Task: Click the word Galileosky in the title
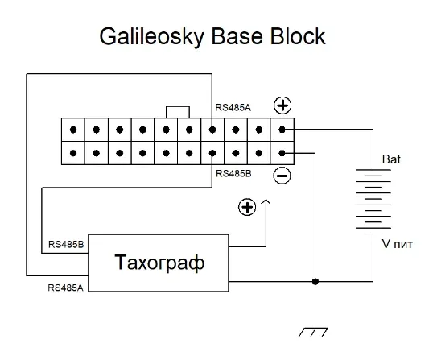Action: (151, 37)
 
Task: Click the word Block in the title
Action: (298, 36)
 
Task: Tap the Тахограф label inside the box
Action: (159, 263)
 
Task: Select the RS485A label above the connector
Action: (233, 107)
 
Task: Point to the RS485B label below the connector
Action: (233, 173)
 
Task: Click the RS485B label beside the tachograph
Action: (66, 244)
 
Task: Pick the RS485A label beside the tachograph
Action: (65, 288)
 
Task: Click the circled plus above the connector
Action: (282, 106)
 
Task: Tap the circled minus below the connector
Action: (282, 176)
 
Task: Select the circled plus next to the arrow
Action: (247, 207)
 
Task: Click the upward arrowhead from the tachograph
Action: (266, 202)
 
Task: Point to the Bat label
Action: (391, 159)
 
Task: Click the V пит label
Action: (397, 244)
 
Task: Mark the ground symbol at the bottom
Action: (313, 333)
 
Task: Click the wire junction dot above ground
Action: (315, 282)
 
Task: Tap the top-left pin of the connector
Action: (73, 130)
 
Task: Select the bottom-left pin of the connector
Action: (73, 153)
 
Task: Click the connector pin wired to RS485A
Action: (212, 130)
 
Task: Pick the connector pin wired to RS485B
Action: (212, 153)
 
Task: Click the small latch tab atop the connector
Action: (178, 106)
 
